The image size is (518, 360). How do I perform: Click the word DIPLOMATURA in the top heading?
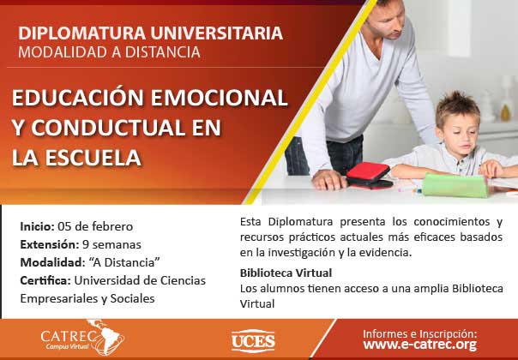pos(82,33)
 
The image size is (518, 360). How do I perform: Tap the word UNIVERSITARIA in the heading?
pos(217,33)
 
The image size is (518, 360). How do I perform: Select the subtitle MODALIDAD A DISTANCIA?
pos(110,52)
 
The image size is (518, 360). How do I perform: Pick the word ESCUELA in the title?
pos(93,158)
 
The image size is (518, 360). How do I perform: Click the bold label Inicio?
pos(37,226)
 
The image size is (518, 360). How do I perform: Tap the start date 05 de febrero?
pos(95,226)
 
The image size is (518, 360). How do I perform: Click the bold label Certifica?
pos(45,281)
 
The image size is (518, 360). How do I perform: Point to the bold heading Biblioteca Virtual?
pos(286,273)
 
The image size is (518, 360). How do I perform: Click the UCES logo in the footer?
pos(253,341)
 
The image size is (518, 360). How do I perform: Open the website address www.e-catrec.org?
pos(420,345)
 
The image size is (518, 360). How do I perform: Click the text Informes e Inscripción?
pos(420,333)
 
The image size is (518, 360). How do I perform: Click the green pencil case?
pos(455,185)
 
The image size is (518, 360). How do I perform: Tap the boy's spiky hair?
pos(458,107)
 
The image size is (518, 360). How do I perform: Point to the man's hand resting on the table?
pos(329,180)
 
